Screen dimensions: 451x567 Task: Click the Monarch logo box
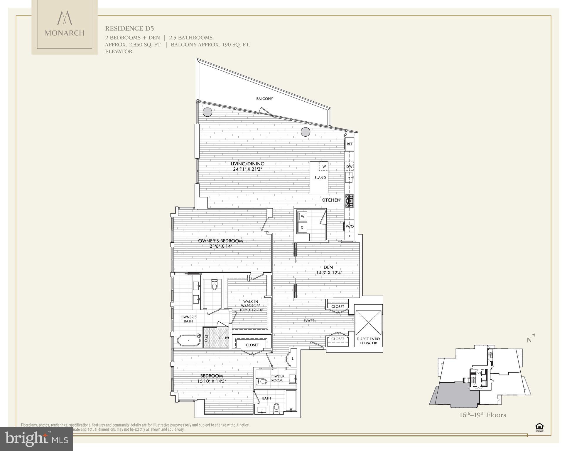click(65, 27)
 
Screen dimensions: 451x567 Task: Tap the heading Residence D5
click(129, 28)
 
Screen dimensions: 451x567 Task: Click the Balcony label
click(264, 99)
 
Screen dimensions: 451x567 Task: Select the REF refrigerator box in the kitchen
click(350, 144)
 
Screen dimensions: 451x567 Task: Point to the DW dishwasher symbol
click(349, 166)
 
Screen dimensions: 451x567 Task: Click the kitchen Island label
click(320, 177)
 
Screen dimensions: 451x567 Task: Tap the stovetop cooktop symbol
click(349, 201)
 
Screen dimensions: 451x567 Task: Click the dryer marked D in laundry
click(302, 228)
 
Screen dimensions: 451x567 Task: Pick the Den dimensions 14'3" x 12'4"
click(329, 272)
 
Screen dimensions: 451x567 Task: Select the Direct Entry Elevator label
click(368, 341)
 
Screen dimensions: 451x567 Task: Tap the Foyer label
click(309, 321)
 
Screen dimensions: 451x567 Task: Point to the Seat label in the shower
click(207, 338)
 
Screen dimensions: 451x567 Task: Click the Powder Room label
click(277, 378)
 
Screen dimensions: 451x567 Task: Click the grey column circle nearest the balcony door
click(306, 132)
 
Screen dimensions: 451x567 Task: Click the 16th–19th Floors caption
click(482, 415)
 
